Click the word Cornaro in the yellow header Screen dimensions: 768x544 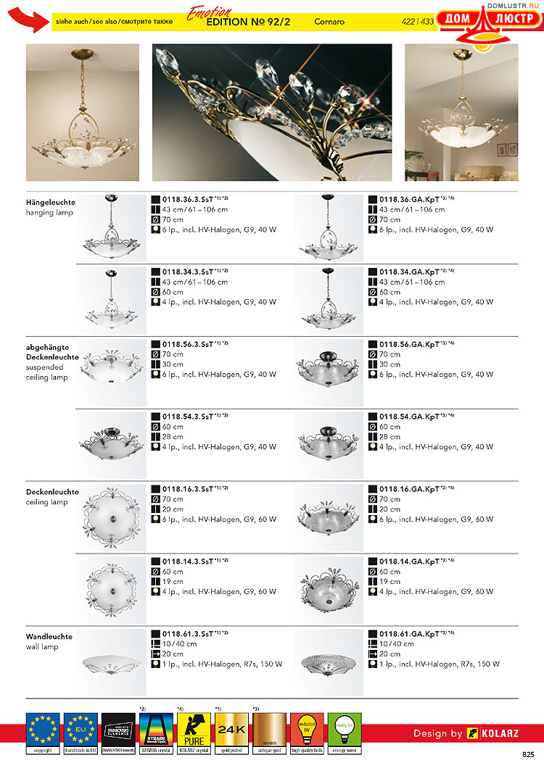(x=329, y=22)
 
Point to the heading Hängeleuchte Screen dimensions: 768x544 (x=51, y=202)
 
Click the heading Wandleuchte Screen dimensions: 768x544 (x=49, y=637)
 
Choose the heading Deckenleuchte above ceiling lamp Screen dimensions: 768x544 (x=52, y=492)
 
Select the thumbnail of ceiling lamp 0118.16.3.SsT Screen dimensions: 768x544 (x=111, y=515)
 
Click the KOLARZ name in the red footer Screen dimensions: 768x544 (x=500, y=733)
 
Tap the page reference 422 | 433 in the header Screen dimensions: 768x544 (x=417, y=22)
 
